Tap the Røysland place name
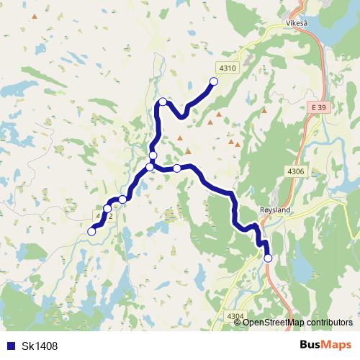tap(273, 210)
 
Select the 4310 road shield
tap(227, 68)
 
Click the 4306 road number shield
tap(296, 171)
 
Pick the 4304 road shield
tap(235, 316)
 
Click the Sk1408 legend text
tap(40, 346)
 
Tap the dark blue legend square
tap(12, 346)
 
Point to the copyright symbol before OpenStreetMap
tap(238, 322)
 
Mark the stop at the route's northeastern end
tap(214, 81)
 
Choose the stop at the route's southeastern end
tap(269, 258)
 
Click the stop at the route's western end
tap(91, 231)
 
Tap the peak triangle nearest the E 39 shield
tap(264, 111)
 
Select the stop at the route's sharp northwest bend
tap(163, 102)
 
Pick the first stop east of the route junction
tap(176, 168)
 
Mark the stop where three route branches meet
tap(150, 167)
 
